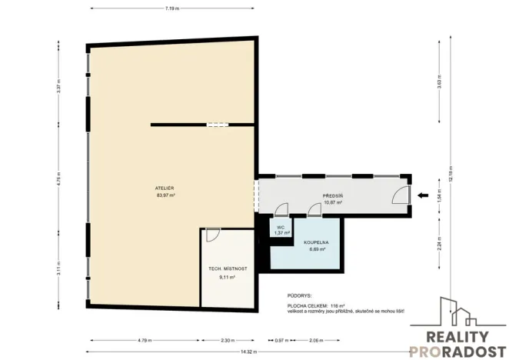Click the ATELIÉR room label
(164, 188)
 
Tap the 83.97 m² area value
(164, 195)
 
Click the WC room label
(281, 227)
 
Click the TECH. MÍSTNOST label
(228, 268)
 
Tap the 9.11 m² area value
(228, 276)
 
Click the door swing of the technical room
(214, 235)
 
